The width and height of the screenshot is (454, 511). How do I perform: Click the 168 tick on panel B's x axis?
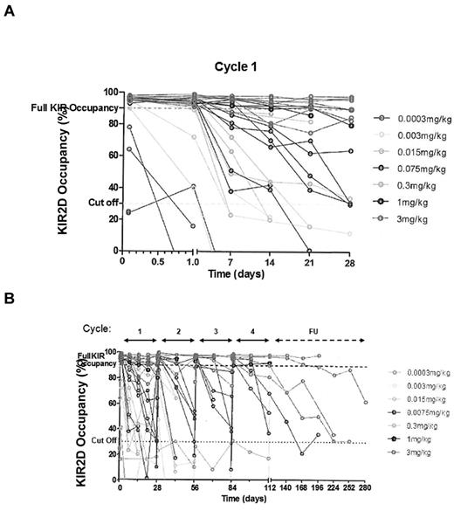tap(303, 487)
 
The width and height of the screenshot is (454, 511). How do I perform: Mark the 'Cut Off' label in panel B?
tap(103, 441)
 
